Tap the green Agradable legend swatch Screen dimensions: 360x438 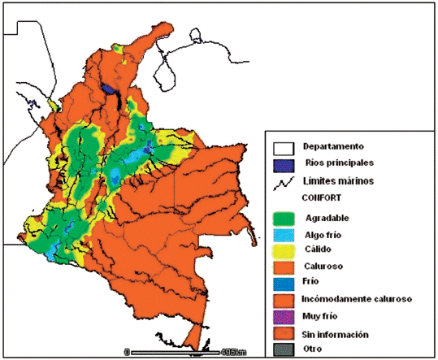282,218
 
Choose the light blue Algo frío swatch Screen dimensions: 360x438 282,234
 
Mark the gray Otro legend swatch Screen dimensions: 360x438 282,350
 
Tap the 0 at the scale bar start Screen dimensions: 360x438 127,352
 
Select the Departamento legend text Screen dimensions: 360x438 333,147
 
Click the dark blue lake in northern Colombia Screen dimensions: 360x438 109,86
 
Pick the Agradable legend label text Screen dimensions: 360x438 328,218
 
